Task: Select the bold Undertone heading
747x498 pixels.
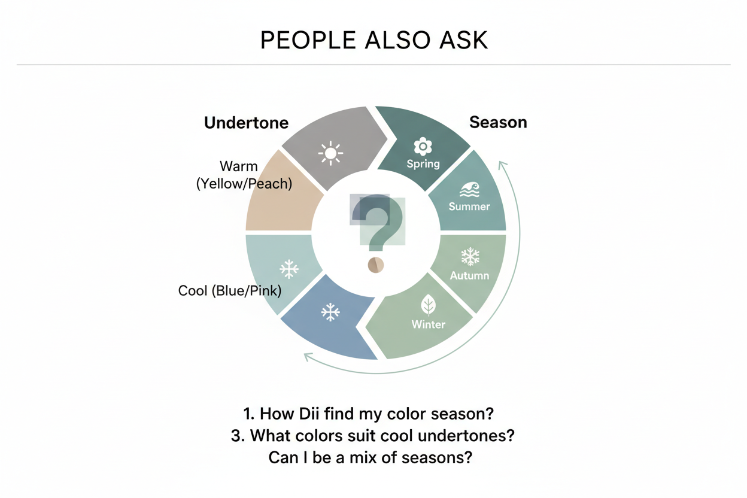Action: coord(246,123)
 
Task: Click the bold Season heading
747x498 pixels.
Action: coord(498,122)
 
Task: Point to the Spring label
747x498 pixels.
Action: coord(423,164)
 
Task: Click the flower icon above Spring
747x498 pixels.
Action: coord(423,146)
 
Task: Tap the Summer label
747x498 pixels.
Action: coord(469,207)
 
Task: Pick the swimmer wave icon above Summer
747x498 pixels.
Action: coord(469,190)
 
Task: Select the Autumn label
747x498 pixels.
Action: coord(469,275)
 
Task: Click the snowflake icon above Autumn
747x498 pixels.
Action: coord(470,257)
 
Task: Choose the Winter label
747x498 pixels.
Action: coord(429,324)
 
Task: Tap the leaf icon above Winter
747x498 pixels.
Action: coord(428,305)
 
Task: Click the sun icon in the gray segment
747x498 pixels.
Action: coord(330,153)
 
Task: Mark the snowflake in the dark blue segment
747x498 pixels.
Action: coord(330,312)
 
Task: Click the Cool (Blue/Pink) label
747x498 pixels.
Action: coord(230,291)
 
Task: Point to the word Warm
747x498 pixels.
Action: coord(239,166)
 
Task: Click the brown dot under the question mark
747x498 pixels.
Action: coord(376,265)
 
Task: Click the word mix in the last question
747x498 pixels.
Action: coord(363,458)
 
